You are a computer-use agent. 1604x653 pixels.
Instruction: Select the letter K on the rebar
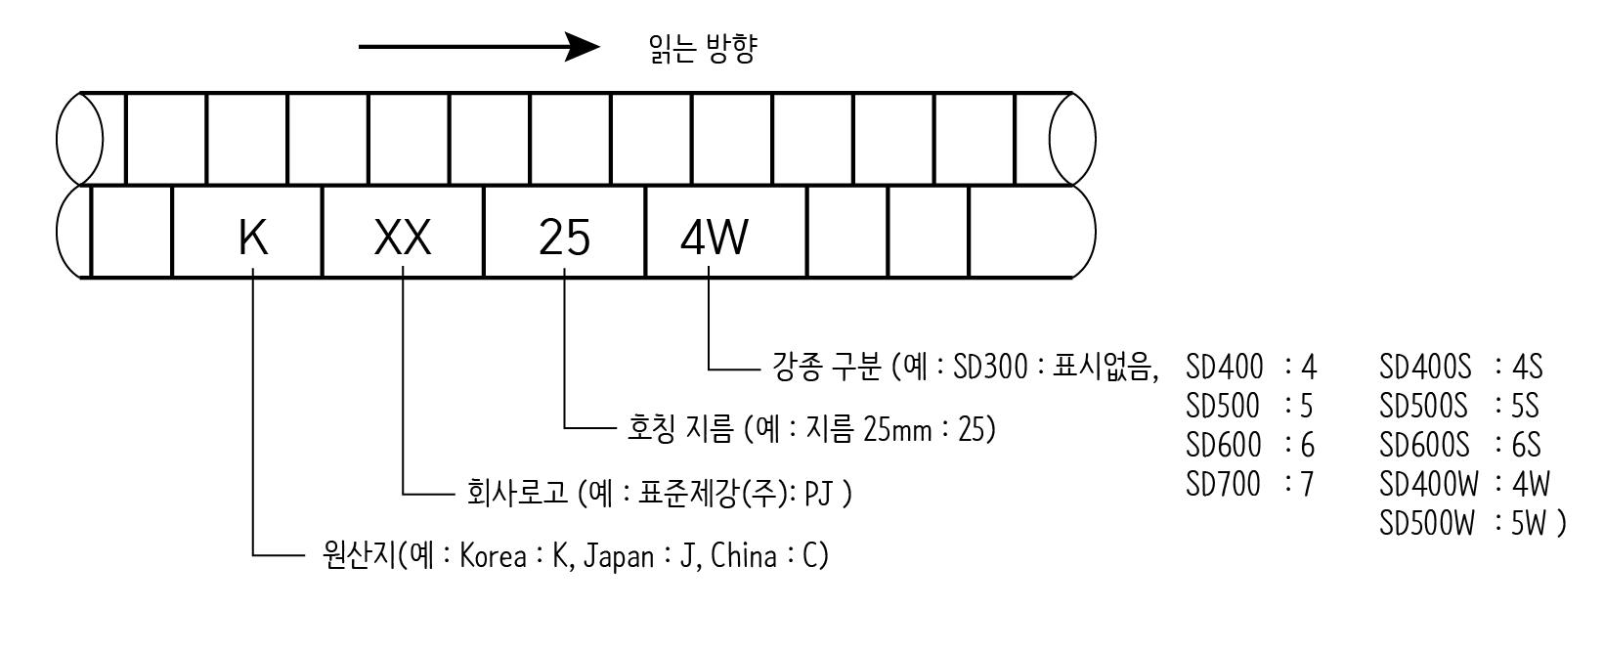pyautogui.click(x=253, y=238)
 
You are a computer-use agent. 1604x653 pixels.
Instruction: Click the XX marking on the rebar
pyautogui.click(x=403, y=238)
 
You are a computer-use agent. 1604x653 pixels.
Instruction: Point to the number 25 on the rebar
pyautogui.click(x=565, y=238)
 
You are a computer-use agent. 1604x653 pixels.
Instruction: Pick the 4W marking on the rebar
pyautogui.click(x=714, y=238)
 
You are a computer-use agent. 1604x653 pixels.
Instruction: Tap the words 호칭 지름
pyautogui.click(x=678, y=429)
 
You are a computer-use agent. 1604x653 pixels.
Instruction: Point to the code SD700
pyautogui.click(x=1223, y=484)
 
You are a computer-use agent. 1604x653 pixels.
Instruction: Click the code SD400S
pyautogui.click(x=1425, y=368)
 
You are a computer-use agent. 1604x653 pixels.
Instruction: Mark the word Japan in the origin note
pyautogui.click(x=619, y=556)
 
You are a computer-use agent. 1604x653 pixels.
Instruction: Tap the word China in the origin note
pyautogui.click(x=744, y=556)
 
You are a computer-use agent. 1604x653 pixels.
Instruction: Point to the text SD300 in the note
pyautogui.click(x=990, y=368)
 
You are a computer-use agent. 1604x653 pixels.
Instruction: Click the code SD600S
pyautogui.click(x=1424, y=446)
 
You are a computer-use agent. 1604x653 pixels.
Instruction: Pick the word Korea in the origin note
pyautogui.click(x=493, y=556)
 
